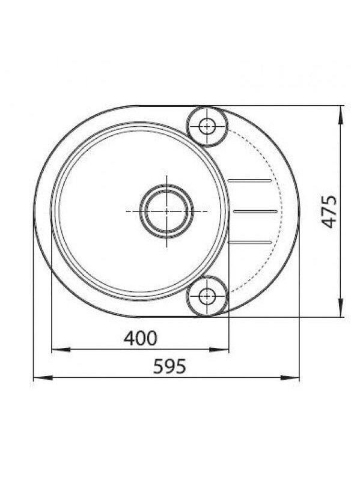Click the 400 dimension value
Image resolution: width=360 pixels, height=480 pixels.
(140, 338)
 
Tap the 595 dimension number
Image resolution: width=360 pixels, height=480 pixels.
(169, 366)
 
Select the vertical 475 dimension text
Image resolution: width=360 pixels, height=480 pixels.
(329, 211)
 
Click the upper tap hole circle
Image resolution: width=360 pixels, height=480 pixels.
(207, 126)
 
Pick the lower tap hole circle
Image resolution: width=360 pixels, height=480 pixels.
(207, 296)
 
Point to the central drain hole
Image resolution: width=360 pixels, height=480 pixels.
(166, 211)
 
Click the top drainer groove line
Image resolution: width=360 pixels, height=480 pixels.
(250, 180)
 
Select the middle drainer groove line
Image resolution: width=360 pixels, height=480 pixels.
(255, 211)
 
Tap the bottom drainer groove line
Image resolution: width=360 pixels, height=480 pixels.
(250, 243)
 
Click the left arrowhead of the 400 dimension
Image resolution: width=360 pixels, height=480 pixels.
(61, 349)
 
